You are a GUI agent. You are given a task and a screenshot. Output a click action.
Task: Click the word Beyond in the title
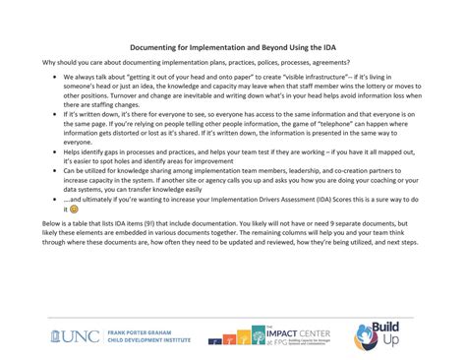(x=256, y=45)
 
